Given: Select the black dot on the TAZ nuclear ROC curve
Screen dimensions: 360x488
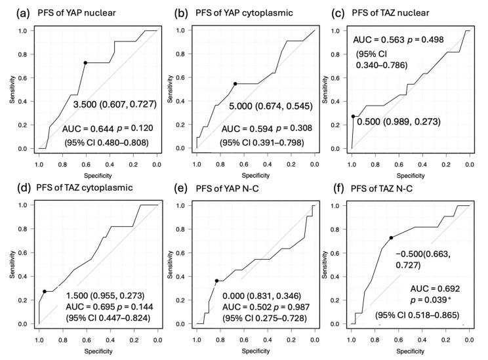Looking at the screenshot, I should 353,116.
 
